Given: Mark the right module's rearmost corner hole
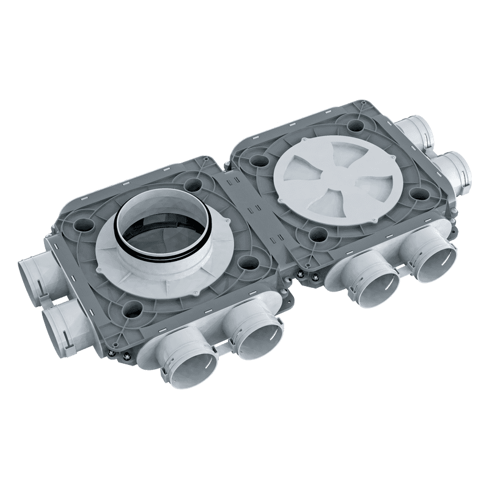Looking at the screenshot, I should pyautogui.click(x=354, y=128).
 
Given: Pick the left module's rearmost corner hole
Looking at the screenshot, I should pyautogui.click(x=195, y=182).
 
